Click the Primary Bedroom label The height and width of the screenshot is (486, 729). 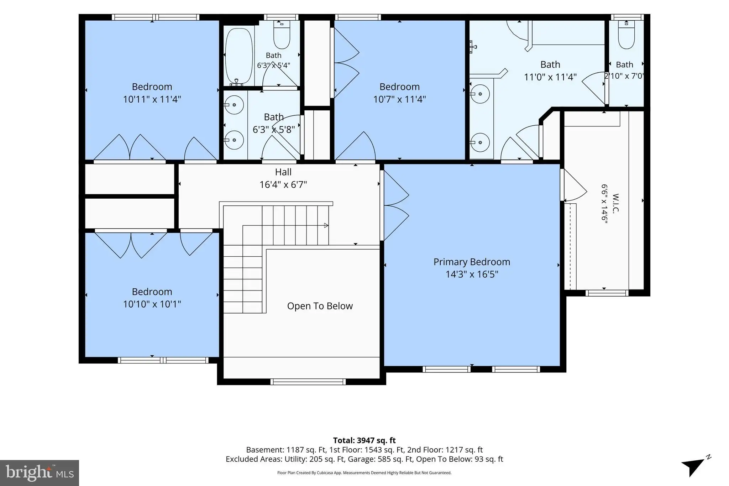pos(472,262)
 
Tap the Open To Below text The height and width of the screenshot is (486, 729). pos(320,306)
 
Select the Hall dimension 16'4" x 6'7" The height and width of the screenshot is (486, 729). pos(283,185)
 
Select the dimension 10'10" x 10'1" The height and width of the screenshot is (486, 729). pos(152,304)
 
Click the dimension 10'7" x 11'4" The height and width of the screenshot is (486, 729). pos(399,99)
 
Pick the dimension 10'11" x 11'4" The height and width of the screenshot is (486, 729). pos(152,99)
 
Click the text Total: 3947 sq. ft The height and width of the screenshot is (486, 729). pos(364,440)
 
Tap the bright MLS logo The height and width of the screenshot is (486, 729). pos(40,473)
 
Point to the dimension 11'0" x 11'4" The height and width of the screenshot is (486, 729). pos(550,77)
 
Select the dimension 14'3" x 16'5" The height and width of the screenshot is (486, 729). pos(472,274)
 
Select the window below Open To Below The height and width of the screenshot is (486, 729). pos(308,382)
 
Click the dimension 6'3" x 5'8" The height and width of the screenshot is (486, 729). pos(274,130)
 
